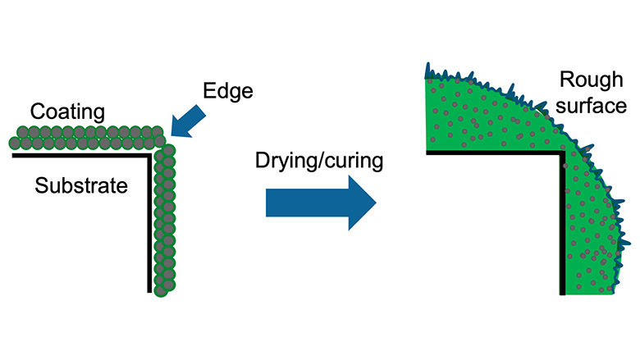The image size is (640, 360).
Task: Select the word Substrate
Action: coord(81,185)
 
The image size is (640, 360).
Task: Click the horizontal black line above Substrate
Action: coord(82,154)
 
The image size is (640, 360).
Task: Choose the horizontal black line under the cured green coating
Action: coord(492,153)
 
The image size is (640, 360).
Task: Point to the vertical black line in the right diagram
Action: coord(561,221)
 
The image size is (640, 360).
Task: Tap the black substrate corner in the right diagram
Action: coord(561,154)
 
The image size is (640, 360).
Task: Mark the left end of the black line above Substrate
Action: coord(12,154)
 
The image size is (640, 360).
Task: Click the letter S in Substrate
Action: coord(41,185)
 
